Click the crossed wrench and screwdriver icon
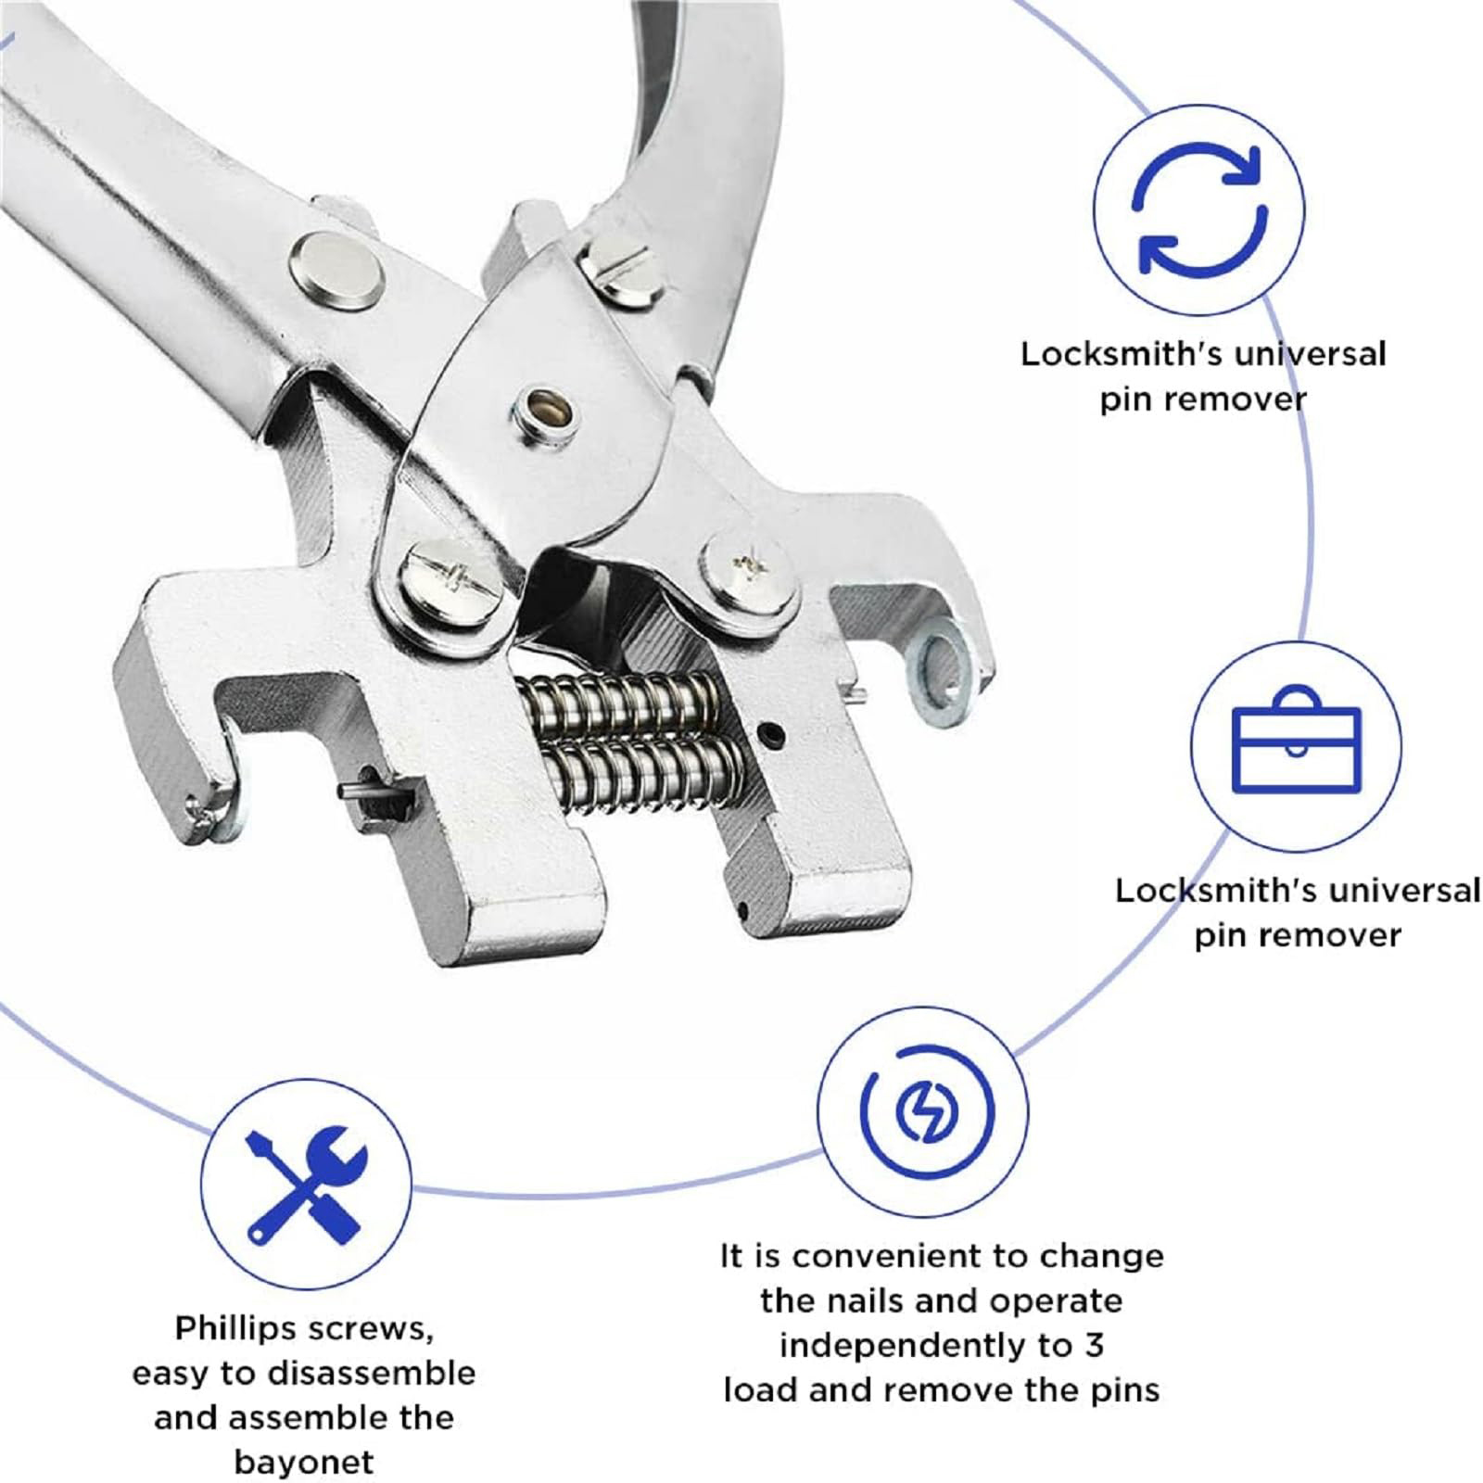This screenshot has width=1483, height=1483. (305, 1185)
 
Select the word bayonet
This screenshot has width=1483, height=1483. (304, 1462)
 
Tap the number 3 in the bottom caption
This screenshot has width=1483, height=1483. (1095, 1345)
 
